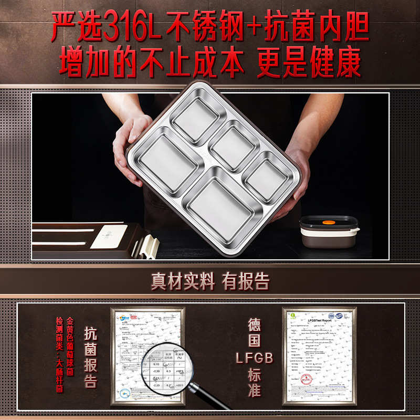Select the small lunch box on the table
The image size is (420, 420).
click(329, 233)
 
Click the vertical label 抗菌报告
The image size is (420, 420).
click(90, 357)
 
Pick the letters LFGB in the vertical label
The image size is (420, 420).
click(255, 358)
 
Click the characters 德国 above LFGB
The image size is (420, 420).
click(255, 333)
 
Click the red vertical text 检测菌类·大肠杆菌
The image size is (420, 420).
click(59, 355)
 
